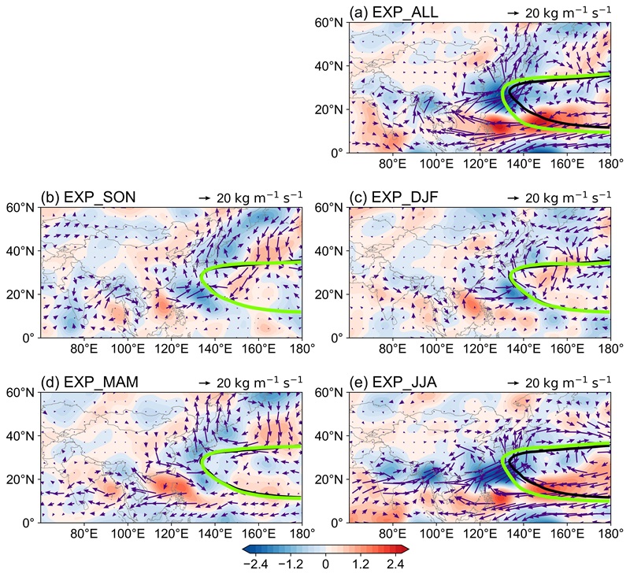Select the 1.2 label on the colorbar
coord(361,564)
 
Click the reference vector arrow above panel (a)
coord(512,13)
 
